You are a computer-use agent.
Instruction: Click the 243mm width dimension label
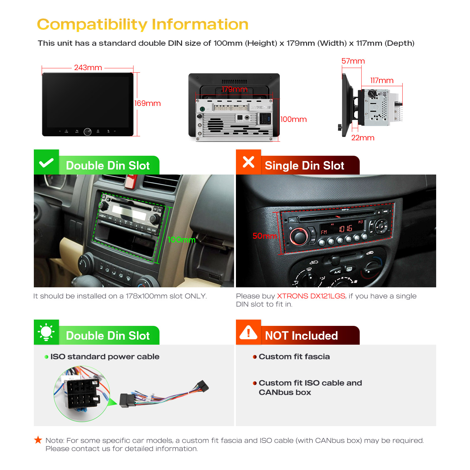[x=88, y=68]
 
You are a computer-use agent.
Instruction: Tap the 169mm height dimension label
[x=147, y=103]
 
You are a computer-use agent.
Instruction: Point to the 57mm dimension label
[x=353, y=61]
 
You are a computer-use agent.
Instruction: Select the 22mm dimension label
[x=363, y=138]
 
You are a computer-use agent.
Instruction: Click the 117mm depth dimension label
[x=382, y=81]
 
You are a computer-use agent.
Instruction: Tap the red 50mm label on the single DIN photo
[x=265, y=236]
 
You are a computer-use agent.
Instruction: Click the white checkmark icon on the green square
[x=46, y=163]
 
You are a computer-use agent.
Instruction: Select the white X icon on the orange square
[x=248, y=162]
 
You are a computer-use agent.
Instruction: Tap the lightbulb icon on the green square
[x=46, y=332]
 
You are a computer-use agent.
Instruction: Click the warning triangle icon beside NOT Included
[x=248, y=332]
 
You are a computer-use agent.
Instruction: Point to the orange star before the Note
[x=38, y=440]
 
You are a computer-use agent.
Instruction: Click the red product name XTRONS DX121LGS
[x=311, y=296]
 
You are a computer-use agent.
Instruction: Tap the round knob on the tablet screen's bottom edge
[x=87, y=132]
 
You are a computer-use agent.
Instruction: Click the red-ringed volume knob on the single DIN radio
[x=299, y=237]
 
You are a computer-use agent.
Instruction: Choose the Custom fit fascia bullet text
[x=294, y=357]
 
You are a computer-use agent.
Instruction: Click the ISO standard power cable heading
[x=105, y=357]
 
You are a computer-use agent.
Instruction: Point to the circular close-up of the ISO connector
[x=82, y=394]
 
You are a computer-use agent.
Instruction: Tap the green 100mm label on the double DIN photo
[x=181, y=240]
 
